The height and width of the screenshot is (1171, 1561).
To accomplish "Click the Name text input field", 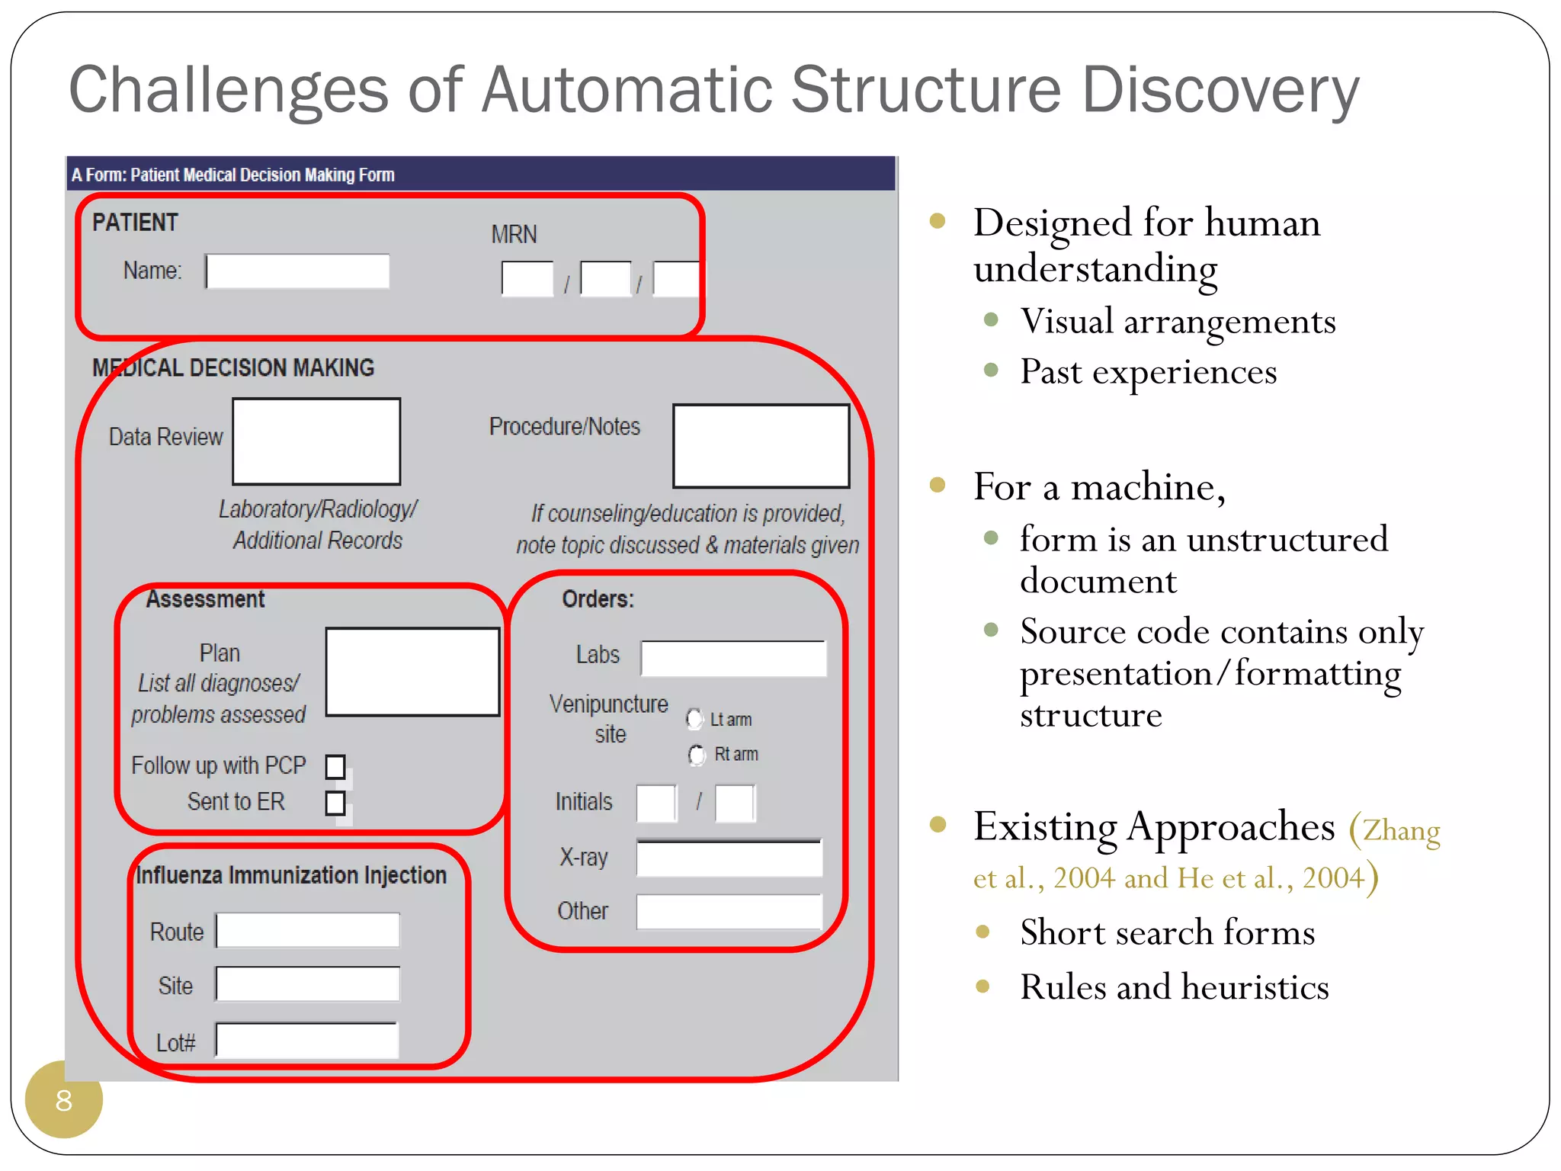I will pyautogui.click(x=298, y=271).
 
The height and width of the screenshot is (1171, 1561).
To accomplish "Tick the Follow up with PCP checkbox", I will pyautogui.click(x=335, y=766).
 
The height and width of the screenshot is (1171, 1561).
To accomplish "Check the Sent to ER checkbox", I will pyautogui.click(x=335, y=803).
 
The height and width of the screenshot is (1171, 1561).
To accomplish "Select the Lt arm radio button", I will pyautogui.click(x=694, y=719).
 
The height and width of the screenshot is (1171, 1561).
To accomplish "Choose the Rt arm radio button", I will pyautogui.click(x=697, y=755).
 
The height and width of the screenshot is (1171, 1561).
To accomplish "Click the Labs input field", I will pyautogui.click(x=733, y=658).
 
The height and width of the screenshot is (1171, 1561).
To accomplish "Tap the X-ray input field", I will pyautogui.click(x=729, y=858).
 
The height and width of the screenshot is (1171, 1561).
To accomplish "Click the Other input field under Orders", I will pyautogui.click(x=729, y=912).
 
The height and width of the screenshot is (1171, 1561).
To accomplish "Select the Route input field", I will pyautogui.click(x=308, y=931).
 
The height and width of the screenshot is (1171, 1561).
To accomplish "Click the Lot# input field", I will pyautogui.click(x=307, y=1041).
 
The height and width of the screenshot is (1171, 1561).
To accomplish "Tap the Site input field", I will pyautogui.click(x=308, y=984).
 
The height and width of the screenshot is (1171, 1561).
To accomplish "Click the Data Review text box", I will pyautogui.click(x=316, y=441).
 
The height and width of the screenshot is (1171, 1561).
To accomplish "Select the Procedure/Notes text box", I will pyautogui.click(x=761, y=446).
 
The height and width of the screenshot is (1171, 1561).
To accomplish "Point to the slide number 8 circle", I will pyautogui.click(x=64, y=1100).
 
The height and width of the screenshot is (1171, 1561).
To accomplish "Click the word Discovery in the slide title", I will pyautogui.click(x=1220, y=90).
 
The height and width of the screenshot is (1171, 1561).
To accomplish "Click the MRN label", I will pyautogui.click(x=514, y=235).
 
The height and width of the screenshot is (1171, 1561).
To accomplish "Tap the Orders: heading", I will pyautogui.click(x=598, y=599).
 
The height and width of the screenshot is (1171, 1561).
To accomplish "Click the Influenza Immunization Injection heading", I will pyautogui.click(x=291, y=875).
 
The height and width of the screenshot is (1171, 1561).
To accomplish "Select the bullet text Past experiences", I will pyautogui.click(x=1148, y=373).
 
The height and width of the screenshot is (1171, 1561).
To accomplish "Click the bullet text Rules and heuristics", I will pyautogui.click(x=1175, y=987).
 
